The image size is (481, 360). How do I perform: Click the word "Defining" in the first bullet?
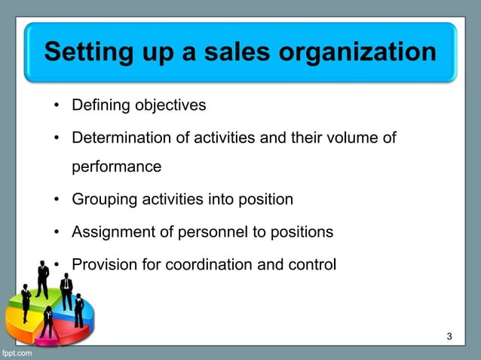tap(100, 105)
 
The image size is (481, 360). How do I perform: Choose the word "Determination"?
tap(118, 138)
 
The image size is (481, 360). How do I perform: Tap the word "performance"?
tap(116, 166)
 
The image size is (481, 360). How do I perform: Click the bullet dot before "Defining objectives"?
tap(57, 105)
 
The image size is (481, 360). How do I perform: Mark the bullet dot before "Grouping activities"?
tap(57, 200)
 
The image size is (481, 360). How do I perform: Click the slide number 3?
tap(449, 336)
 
